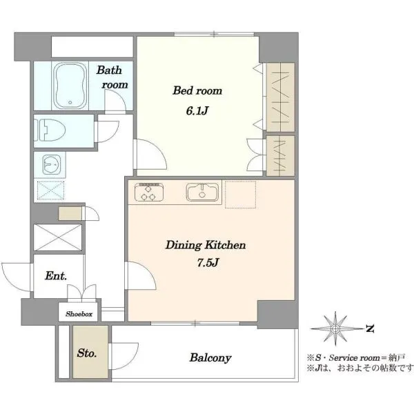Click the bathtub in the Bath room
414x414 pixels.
tap(70, 86)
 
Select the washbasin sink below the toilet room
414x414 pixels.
tap(52, 164)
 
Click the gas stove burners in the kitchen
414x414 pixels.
tap(149, 192)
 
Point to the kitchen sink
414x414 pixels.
tap(202, 192)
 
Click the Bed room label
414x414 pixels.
tap(197, 90)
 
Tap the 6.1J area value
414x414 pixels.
tap(197, 110)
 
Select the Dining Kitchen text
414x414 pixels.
tap(206, 245)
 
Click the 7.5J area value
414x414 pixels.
tap(208, 262)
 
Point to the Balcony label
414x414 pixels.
tap(210, 357)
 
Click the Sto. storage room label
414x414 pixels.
tap(87, 353)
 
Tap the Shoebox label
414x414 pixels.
tap(79, 314)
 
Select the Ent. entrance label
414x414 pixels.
tap(56, 276)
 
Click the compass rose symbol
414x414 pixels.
tap(335, 328)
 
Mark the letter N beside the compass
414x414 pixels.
tap(370, 328)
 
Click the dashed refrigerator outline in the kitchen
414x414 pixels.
tap(240, 195)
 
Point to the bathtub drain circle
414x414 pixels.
tap(70, 102)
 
